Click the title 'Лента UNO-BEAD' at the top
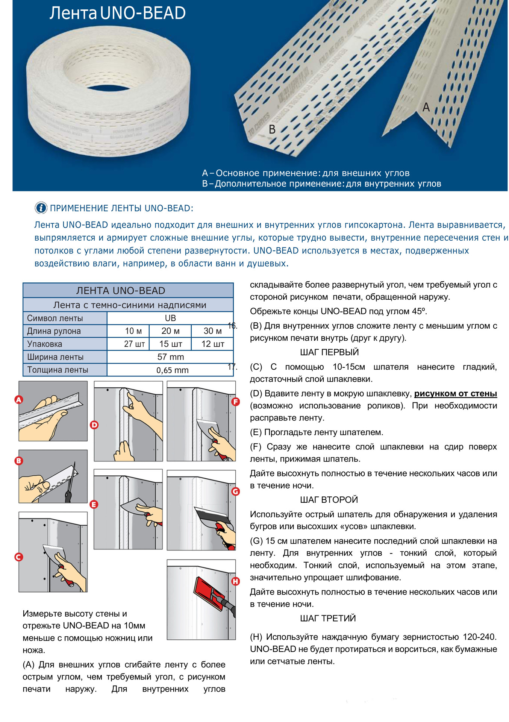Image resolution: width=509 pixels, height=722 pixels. [117, 14]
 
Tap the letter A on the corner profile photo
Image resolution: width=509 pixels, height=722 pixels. [426, 108]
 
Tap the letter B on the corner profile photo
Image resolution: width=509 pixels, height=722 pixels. [272, 130]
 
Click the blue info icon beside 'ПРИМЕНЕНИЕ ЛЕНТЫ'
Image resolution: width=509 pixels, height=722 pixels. [41, 208]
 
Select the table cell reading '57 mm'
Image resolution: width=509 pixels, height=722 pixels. [170, 357]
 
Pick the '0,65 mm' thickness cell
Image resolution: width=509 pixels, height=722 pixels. [172, 370]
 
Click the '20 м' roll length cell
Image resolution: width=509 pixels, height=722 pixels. [170, 331]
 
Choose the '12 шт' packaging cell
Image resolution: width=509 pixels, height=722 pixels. [213, 344]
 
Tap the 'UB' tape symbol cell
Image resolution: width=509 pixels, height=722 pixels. [170, 318]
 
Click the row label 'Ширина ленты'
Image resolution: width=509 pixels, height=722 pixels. [55, 357]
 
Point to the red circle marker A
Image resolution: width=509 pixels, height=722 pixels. [19, 400]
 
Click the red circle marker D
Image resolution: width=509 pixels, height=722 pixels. [94, 425]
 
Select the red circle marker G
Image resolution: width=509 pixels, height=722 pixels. [236, 491]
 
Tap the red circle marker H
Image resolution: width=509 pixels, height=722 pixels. [236, 581]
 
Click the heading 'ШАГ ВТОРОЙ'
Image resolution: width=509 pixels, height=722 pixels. [329, 500]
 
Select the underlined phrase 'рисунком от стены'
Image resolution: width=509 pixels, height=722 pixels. [456, 394]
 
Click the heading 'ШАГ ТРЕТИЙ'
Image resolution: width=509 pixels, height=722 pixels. [328, 618]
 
